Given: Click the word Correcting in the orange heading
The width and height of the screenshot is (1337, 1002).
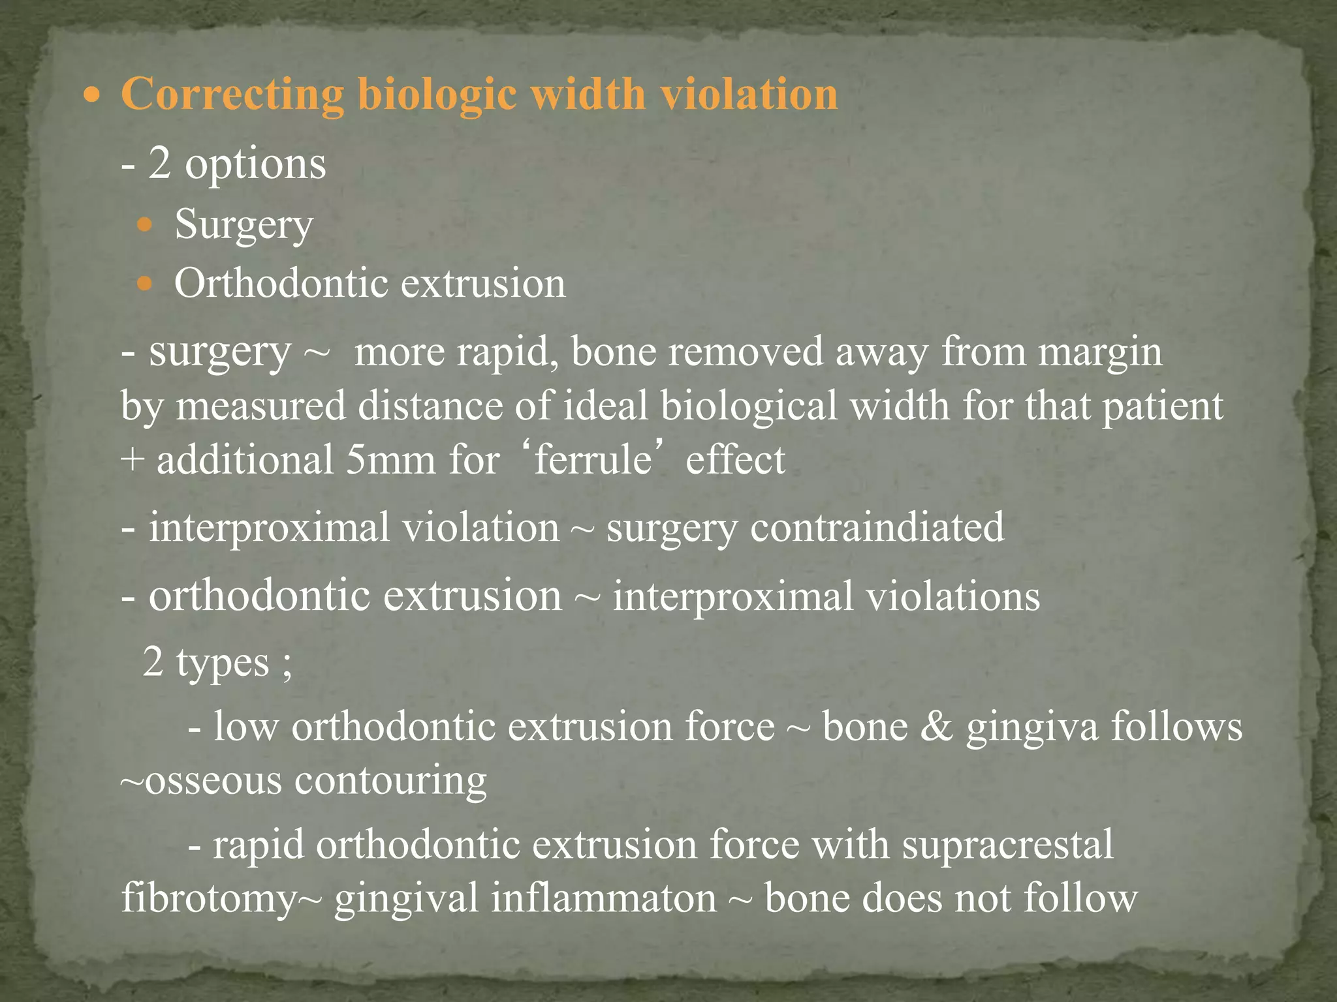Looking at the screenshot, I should pyautogui.click(x=233, y=95).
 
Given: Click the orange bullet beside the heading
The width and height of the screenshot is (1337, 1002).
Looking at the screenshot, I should pyautogui.click(x=93, y=95).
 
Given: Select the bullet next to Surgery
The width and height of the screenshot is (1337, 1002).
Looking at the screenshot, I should pyautogui.click(x=144, y=226).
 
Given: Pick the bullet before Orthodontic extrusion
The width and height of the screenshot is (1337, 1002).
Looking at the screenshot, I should pyautogui.click(x=144, y=284).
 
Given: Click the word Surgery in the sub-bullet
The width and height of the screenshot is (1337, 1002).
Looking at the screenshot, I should pyautogui.click(x=244, y=225).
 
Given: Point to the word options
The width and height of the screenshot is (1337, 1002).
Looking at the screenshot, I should pyautogui.click(x=255, y=164).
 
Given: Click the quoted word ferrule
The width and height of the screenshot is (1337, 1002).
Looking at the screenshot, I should pyautogui.click(x=593, y=459).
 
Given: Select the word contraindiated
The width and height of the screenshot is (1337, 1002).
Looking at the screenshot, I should pyautogui.click(x=877, y=527).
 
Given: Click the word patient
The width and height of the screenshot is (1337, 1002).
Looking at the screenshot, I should pyautogui.click(x=1163, y=406).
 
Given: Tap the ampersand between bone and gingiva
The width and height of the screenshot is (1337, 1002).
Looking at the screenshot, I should pyautogui.click(x=937, y=727).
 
